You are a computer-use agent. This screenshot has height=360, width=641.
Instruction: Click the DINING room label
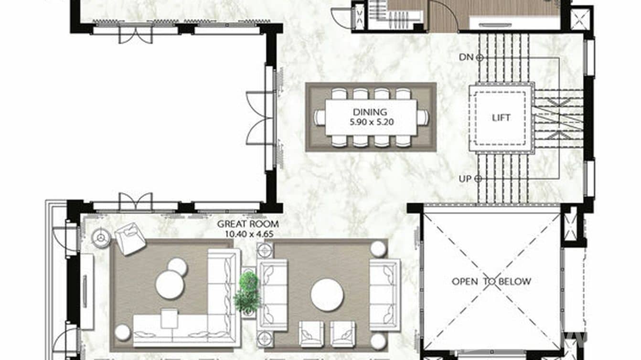[370, 113]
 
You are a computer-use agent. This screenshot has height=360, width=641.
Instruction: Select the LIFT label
[501, 117]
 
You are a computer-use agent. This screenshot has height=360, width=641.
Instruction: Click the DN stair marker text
[465, 57]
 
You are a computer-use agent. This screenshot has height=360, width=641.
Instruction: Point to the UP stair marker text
[465, 179]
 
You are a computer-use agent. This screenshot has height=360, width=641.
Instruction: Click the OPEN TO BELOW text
[491, 281]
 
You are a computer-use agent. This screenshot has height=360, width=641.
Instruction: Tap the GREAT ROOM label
[247, 223]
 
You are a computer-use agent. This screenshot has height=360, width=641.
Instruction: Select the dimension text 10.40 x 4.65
[247, 233]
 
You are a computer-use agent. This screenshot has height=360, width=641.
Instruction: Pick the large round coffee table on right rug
[327, 295]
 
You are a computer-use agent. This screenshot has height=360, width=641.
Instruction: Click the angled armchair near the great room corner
[130, 238]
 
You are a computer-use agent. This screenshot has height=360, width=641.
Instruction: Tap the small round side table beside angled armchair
[101, 238]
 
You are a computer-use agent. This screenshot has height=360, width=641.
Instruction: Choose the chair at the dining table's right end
[423, 117]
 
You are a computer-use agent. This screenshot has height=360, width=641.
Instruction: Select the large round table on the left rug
[170, 285]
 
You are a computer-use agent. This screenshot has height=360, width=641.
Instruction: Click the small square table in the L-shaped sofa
[169, 318]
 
